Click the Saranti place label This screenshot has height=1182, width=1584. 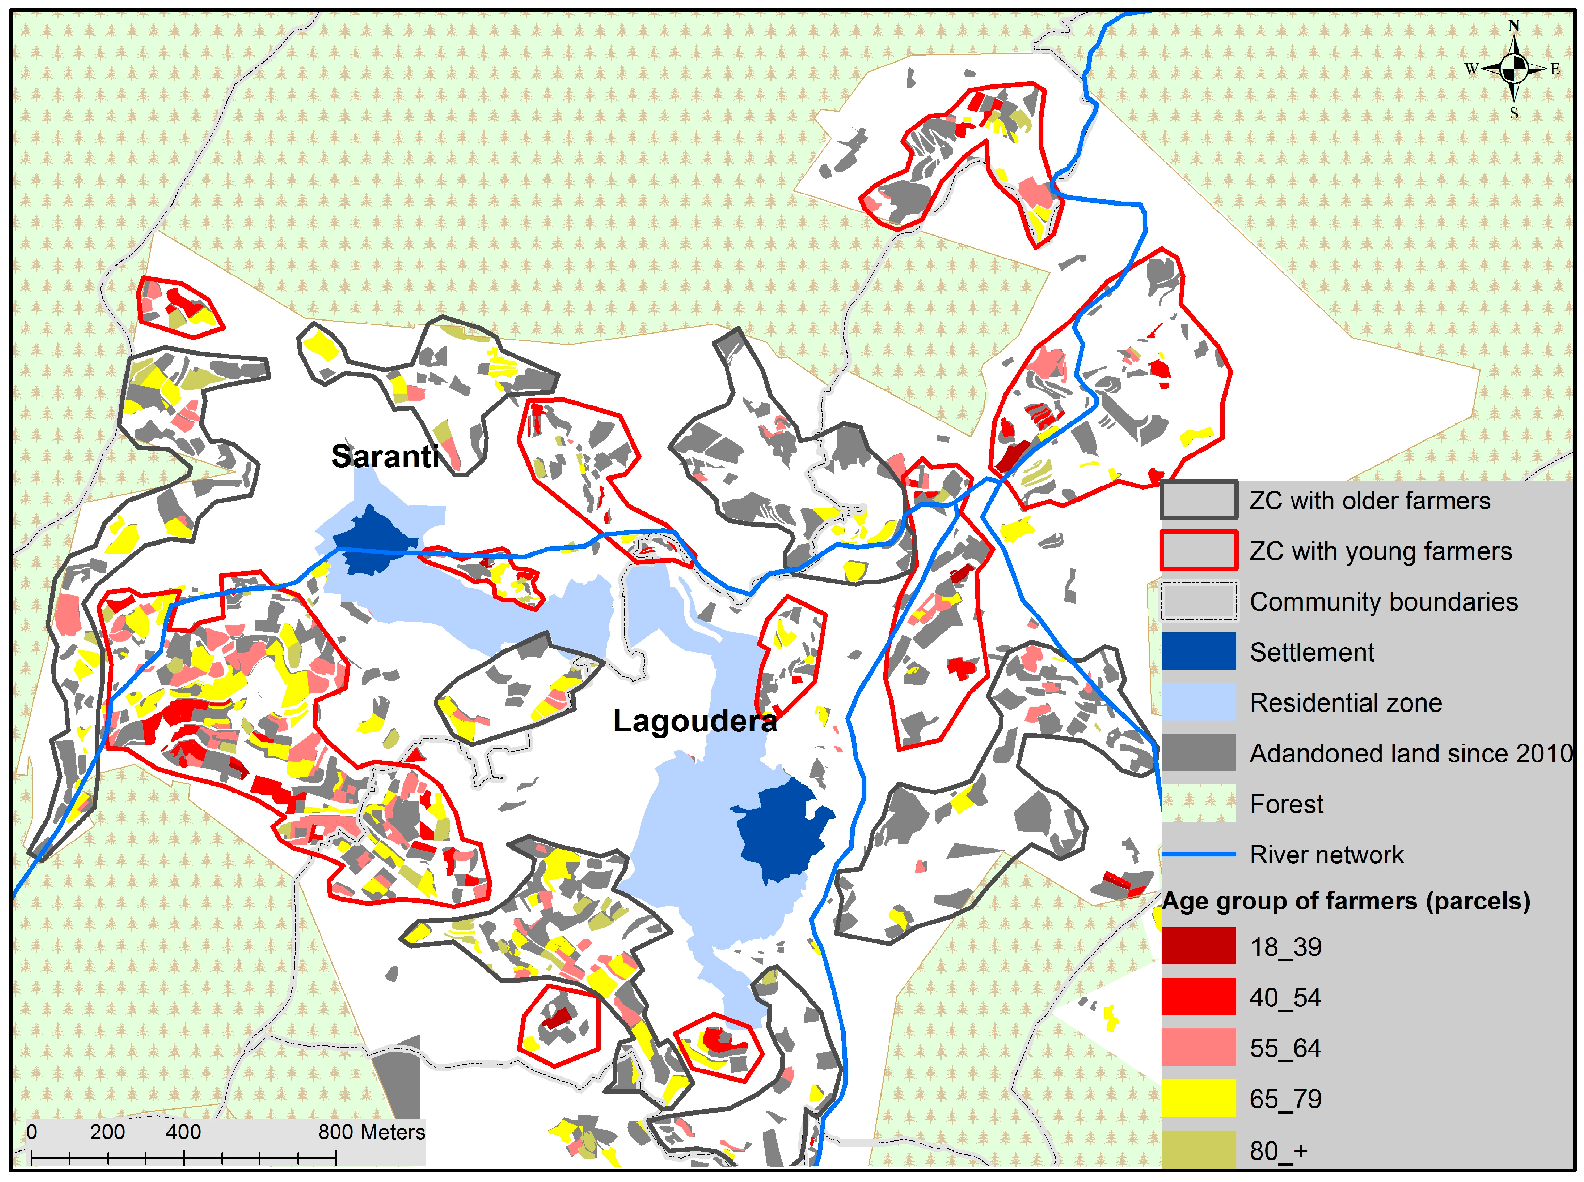(x=385, y=456)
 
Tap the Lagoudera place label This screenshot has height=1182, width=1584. (x=695, y=721)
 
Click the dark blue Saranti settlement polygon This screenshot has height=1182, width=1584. (x=372, y=540)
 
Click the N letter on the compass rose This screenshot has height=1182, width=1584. (x=1513, y=26)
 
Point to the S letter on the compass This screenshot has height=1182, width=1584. (x=1514, y=113)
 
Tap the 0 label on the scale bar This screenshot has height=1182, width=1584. (x=32, y=1133)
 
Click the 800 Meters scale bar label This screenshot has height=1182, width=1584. (x=372, y=1133)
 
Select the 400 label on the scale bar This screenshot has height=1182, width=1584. (x=183, y=1133)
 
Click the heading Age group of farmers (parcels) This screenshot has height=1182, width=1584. (x=1345, y=901)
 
